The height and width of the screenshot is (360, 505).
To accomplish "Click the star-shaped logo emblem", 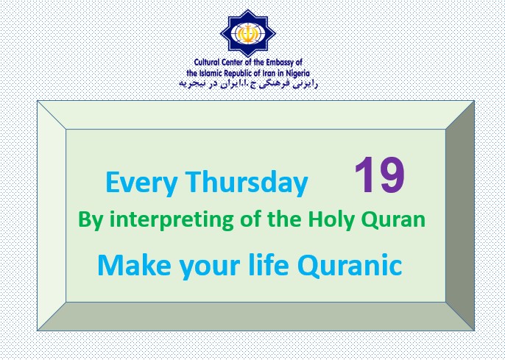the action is pos(248,33).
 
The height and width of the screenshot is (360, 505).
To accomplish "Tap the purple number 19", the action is pos(380,175).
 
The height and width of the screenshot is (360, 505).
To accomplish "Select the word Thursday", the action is pos(247,183).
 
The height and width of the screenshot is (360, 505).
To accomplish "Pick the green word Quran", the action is pos(395,220).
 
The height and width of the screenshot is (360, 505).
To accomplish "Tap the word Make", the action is pos(134,264).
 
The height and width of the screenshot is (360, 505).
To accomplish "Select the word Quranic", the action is pos(350,265).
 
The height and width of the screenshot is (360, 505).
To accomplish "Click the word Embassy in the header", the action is pos(280,63).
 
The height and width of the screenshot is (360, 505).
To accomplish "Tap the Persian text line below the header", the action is pos(248,84).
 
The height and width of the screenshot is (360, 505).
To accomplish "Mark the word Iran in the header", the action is pos(272,73).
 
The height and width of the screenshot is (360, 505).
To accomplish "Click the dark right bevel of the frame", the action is pos(460,215).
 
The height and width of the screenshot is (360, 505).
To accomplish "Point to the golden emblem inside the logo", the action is pos(248,33).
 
